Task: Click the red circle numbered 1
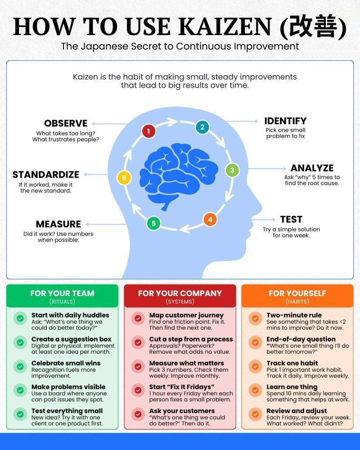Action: click(148, 131)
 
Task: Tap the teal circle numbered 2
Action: click(202, 127)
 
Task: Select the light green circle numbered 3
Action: click(232, 170)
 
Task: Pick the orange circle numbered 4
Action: click(210, 220)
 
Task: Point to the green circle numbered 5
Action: click(153, 223)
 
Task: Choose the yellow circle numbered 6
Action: click(124, 178)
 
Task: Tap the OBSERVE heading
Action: click(66, 123)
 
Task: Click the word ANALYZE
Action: click(312, 168)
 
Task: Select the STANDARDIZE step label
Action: click(45, 175)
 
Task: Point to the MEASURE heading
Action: click(58, 224)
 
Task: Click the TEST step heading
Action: click(292, 220)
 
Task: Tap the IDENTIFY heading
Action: click(285, 121)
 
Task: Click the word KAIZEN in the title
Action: click(225, 27)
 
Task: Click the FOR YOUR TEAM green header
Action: click(62, 296)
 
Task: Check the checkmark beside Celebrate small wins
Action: click(20, 366)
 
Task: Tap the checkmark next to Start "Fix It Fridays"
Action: click(138, 390)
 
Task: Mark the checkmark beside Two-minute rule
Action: click(255, 318)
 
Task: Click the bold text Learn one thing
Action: click(292, 387)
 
